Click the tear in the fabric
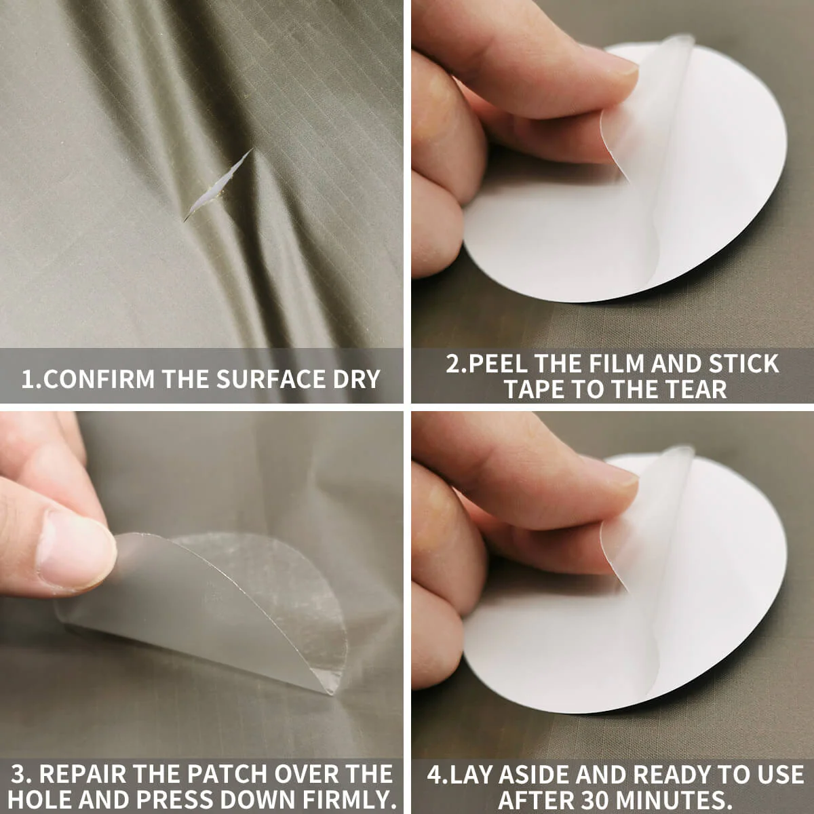pyautogui.click(x=216, y=186)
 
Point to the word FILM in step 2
pyautogui.click(x=614, y=364)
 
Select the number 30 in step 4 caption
pyautogui.click(x=596, y=799)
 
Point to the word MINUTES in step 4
pyautogui.click(x=672, y=799)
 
